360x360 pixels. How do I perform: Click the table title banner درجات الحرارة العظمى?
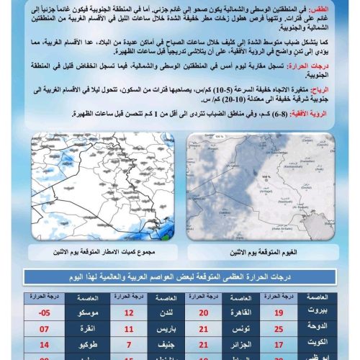click(x=180, y=276)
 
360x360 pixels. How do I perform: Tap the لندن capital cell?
click(x=167, y=313)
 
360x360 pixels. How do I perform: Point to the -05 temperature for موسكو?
click(x=45, y=313)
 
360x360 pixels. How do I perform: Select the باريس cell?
click(x=167, y=329)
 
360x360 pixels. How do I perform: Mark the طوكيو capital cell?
click(x=86, y=345)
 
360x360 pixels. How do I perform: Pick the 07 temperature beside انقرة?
click(x=45, y=329)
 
